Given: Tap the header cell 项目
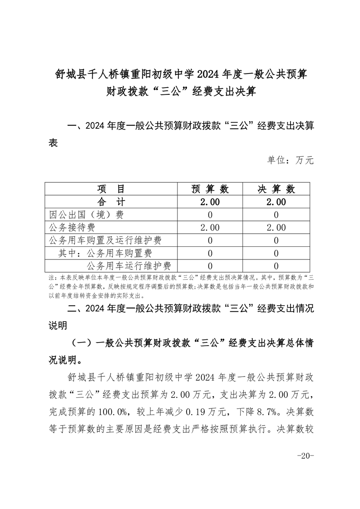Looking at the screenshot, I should (x=111, y=189).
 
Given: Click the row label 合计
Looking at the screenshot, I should (x=111, y=202).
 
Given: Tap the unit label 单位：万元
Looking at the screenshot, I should (x=290, y=160).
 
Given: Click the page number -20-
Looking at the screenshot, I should (x=305, y=456).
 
